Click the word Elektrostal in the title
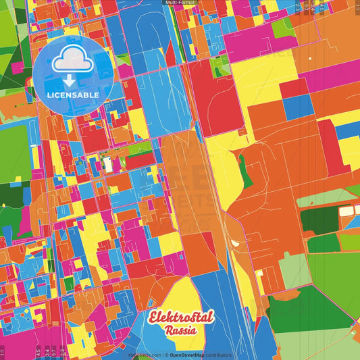pos(179,318)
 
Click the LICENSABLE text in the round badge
pos(73,95)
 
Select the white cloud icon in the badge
pos(73,59)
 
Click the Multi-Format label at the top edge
pos(180,3)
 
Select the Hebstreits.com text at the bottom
pos(144,355)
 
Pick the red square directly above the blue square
pos(294,88)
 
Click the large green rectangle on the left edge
pos(14,145)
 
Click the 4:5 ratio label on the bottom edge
pos(37,351)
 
